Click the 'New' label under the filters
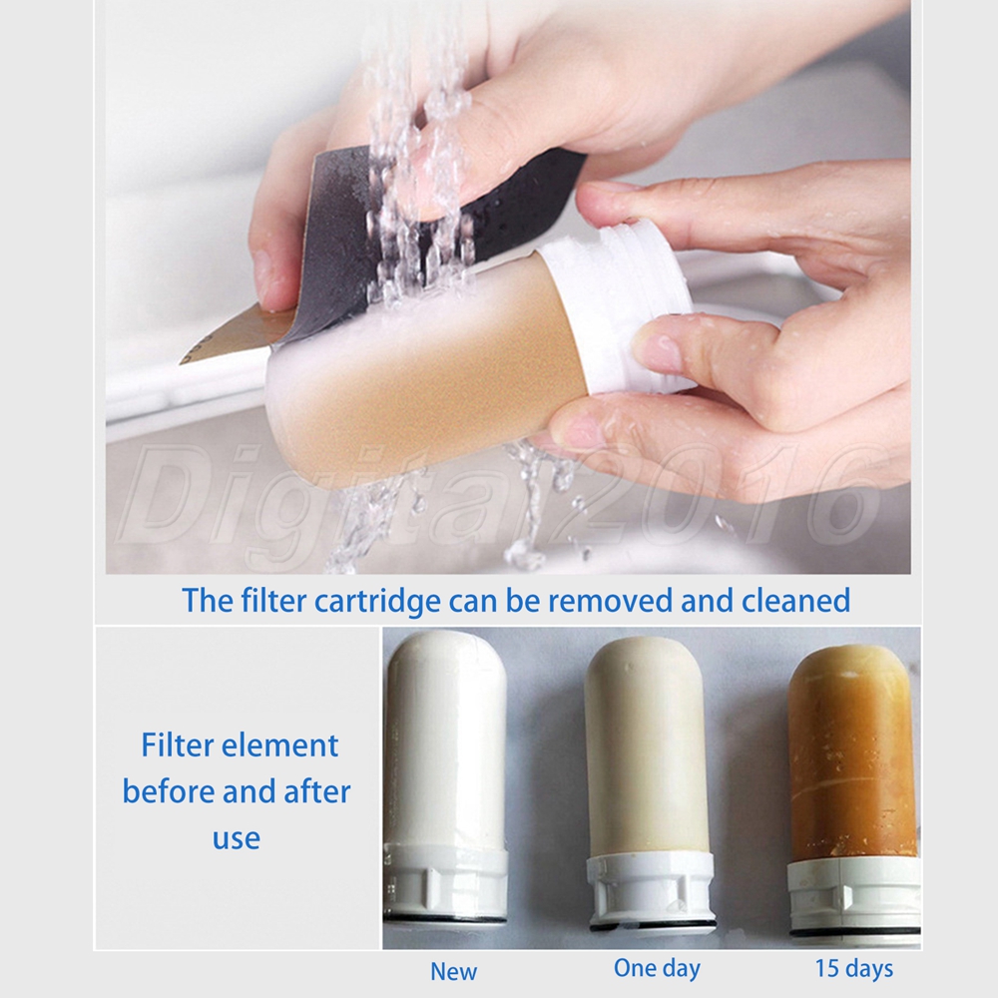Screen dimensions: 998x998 coord(453,971)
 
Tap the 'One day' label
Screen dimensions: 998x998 coord(657,969)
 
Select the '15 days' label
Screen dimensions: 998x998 coord(854,969)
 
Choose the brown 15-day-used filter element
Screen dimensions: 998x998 coord(853,789)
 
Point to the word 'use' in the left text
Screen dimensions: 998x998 coord(237,839)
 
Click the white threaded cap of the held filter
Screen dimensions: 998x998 coord(614,305)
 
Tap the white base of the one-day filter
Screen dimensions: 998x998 coord(651,891)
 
